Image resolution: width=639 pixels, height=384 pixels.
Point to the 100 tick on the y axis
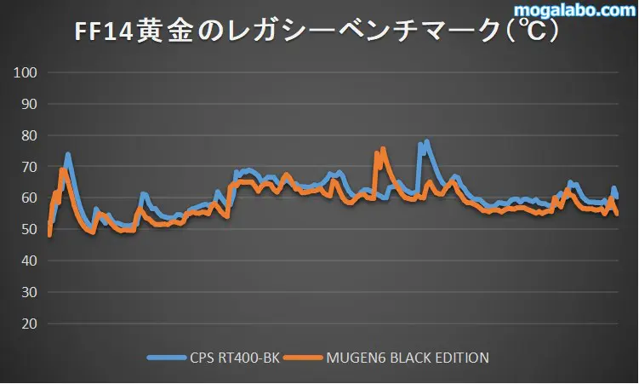(26, 73)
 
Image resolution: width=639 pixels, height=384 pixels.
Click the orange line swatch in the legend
(302, 358)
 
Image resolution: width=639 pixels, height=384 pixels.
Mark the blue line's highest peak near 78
(426, 142)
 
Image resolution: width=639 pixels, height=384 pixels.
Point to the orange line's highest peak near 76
(384, 149)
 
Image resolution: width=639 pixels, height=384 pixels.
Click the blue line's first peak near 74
(68, 155)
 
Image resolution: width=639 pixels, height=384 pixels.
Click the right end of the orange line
(616, 214)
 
